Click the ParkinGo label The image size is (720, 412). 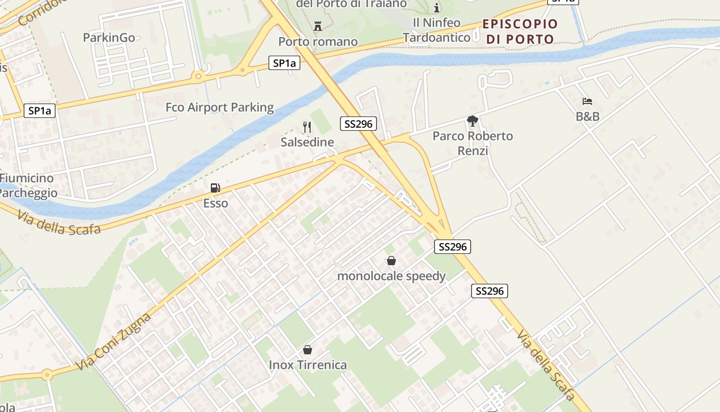(109, 38)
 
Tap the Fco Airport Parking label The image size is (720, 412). (220, 108)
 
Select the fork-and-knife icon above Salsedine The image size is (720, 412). (307, 127)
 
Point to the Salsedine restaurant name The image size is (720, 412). (307, 142)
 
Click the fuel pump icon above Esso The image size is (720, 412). (215, 188)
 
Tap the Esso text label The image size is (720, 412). (215, 203)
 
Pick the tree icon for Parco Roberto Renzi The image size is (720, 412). (472, 122)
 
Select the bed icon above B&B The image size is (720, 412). (587, 101)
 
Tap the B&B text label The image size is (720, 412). (587, 116)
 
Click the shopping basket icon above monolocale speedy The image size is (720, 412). (391, 261)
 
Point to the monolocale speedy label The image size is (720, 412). (391, 276)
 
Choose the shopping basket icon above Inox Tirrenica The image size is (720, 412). (308, 350)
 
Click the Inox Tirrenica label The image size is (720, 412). (308, 365)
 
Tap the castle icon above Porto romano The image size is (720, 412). (317, 26)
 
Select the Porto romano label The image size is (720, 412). (318, 41)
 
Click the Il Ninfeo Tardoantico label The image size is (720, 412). (436, 30)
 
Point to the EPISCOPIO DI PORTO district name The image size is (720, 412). (520, 31)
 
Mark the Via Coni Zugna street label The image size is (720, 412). (114, 340)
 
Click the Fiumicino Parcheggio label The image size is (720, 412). (28, 185)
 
